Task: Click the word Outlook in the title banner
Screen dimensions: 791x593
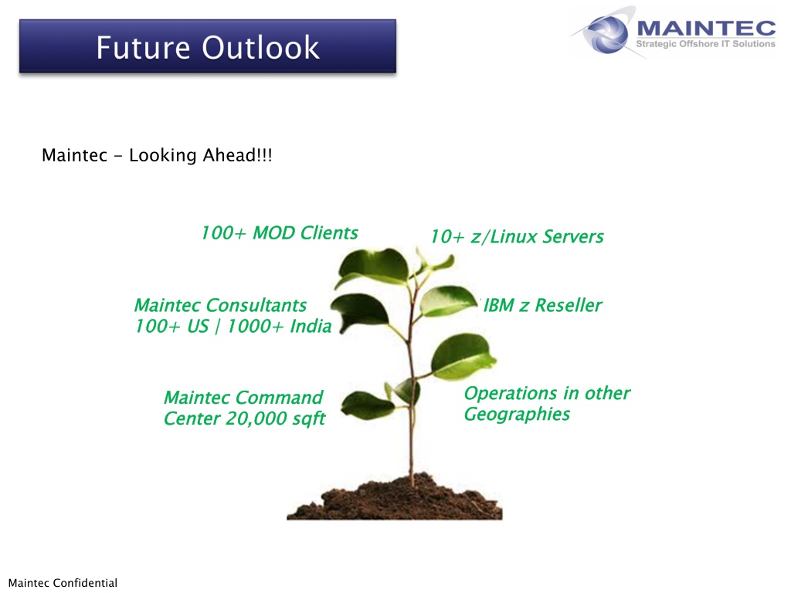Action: click(260, 47)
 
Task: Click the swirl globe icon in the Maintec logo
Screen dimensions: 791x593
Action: click(606, 33)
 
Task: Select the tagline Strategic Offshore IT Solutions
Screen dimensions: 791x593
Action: click(705, 44)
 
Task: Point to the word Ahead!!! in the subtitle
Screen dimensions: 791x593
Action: click(237, 154)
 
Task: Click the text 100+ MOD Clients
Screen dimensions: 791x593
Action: click(280, 233)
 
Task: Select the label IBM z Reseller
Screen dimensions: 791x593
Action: click(543, 305)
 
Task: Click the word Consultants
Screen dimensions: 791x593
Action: click(256, 305)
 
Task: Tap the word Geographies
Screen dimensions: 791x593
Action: click(517, 414)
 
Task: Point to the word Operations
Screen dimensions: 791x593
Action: click(511, 393)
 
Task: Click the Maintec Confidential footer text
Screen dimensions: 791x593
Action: click(63, 583)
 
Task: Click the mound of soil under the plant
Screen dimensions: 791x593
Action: click(395, 498)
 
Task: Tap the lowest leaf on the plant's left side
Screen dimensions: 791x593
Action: click(367, 405)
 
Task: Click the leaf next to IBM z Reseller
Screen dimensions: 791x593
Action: click(448, 300)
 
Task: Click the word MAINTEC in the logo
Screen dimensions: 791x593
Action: click(706, 28)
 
